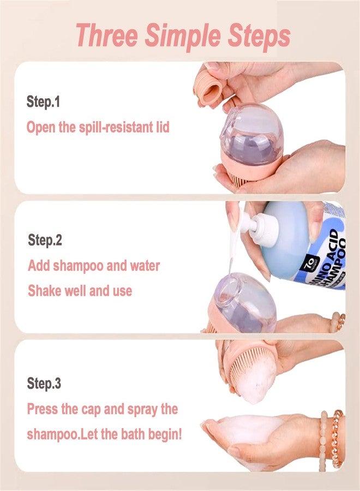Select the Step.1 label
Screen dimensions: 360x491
click(43, 102)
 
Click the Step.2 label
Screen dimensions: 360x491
click(45, 240)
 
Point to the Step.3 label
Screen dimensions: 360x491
click(44, 384)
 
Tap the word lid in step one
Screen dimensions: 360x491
click(163, 127)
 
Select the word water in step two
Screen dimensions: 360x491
click(145, 266)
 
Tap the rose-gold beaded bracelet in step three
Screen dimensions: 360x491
click(338, 439)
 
